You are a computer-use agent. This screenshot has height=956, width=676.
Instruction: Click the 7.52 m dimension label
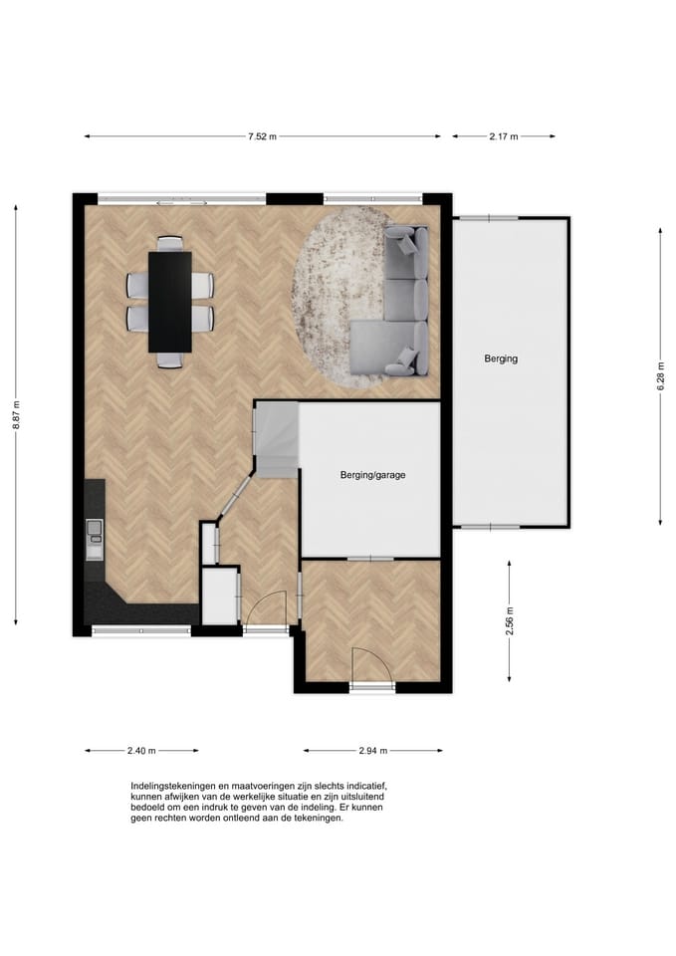coord(262,136)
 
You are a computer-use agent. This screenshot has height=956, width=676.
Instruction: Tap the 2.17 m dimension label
coord(504,136)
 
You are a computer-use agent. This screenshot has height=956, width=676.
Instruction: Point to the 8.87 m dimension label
coord(17,414)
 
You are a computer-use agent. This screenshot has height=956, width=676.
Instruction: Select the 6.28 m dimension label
coord(661,375)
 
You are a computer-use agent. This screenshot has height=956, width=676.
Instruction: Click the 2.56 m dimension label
coord(510,620)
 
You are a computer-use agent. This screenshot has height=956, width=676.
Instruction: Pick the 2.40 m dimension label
coord(141,751)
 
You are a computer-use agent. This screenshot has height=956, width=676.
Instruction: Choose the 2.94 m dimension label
coord(373,751)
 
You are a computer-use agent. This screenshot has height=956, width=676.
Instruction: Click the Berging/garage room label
coord(372,475)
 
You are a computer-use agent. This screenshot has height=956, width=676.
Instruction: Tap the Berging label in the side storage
coord(501,358)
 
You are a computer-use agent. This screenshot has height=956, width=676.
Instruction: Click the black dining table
coord(170,302)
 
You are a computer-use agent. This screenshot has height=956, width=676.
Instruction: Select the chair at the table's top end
coord(170,243)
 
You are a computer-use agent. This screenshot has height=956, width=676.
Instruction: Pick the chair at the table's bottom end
coord(170,360)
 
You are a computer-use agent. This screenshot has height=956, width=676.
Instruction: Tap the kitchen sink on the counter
coord(95,532)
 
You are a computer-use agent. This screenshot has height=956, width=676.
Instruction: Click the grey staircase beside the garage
coord(276,439)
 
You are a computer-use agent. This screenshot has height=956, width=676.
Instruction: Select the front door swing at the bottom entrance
coord(371,666)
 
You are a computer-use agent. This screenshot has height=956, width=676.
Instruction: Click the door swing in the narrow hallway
coord(265,608)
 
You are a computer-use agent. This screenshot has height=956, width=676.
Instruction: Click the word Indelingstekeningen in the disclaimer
coord(172,786)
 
